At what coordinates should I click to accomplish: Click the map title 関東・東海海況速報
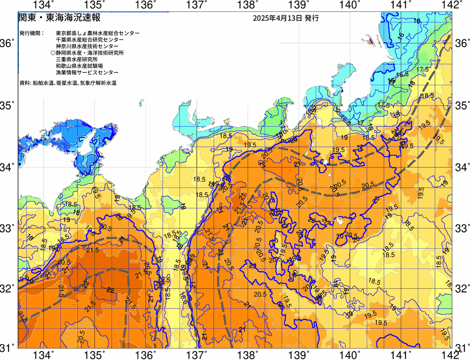[59, 18]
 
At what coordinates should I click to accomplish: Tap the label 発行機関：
[32, 33]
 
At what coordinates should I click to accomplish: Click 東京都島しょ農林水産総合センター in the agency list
[98, 33]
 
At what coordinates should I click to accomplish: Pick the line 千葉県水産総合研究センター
[90, 40]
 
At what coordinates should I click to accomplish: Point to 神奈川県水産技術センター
[87, 46]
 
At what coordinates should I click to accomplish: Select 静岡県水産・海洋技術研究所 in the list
[90, 53]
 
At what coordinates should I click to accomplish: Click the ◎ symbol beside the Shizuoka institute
[53, 53]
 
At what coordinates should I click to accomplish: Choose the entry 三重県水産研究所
[77, 60]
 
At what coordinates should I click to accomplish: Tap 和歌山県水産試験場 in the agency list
[79, 66]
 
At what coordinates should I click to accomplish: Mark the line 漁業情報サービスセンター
[87, 73]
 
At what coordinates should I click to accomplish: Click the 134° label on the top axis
[43, 5]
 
